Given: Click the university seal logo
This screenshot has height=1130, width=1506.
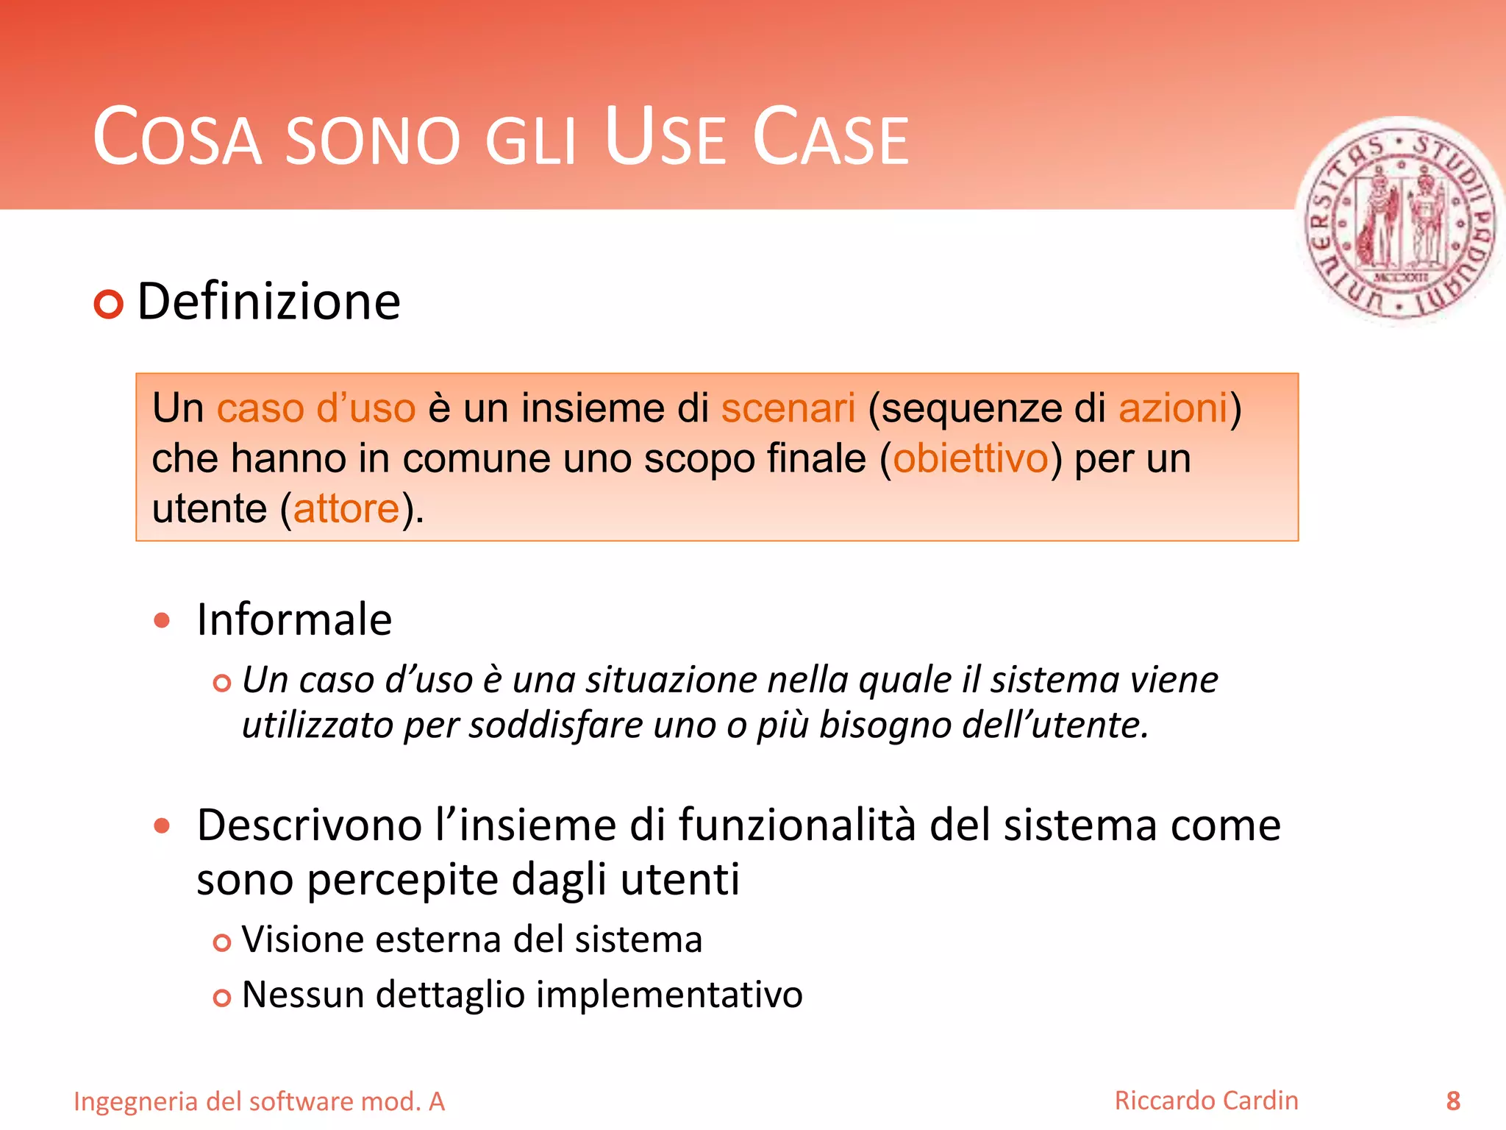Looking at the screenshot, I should point(1400,221).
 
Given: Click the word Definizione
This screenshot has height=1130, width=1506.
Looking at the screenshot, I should point(268,302).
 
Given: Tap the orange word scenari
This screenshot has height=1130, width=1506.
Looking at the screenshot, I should point(788,408).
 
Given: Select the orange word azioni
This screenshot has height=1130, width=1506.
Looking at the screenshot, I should point(1173,408).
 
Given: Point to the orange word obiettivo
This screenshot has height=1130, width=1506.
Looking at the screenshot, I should point(970,458).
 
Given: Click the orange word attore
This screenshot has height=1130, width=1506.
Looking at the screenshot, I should point(346,508).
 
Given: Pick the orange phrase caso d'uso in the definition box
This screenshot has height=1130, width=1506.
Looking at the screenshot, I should point(315,408).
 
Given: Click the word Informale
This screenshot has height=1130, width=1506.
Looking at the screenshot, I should point(294,619).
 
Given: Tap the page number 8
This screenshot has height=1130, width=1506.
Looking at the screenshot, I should point(1453,1101).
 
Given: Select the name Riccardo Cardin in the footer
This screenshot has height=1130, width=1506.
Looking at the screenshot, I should point(1206,1101).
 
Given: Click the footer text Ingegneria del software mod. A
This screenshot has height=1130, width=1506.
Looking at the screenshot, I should point(259,1101).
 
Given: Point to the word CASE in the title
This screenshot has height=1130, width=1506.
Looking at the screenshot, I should point(831,138).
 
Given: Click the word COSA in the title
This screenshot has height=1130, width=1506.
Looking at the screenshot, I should point(177,138).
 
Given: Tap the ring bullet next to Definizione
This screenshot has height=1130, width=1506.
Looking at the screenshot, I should point(109,305).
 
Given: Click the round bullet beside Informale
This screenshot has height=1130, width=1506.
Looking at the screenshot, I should point(162,620).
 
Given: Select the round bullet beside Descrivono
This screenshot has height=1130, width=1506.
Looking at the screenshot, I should point(162,825).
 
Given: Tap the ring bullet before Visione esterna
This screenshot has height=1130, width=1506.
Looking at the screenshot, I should point(221,942).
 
